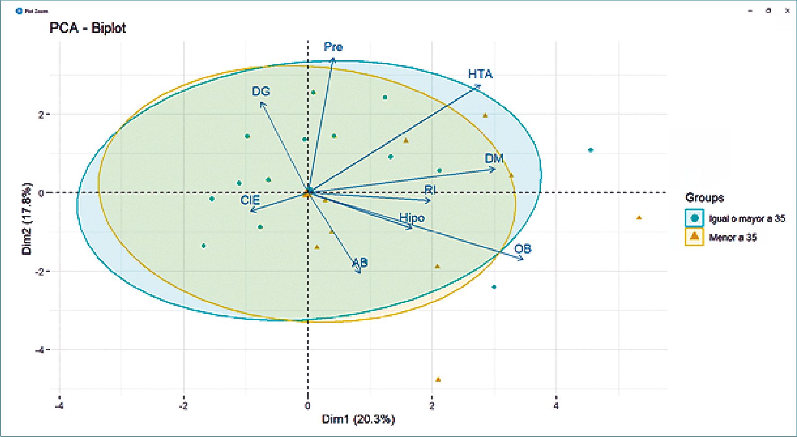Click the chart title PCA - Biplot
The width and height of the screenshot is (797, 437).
coord(87,28)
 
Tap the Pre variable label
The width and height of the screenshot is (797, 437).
coord(333,47)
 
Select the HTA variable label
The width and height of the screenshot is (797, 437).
coord(480,74)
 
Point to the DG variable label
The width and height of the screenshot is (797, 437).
coord(261,91)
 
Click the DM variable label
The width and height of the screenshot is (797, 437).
coord(494,158)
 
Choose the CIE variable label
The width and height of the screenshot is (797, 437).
coord(250,200)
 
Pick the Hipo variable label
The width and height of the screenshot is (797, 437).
coord(412,218)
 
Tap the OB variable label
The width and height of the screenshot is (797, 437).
coord(522,249)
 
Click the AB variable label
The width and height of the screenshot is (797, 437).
coord(360,262)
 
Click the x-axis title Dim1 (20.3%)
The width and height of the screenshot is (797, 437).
coord(358,419)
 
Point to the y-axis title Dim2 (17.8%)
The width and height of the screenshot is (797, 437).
coord(27,218)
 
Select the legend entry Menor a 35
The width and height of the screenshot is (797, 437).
coord(733,237)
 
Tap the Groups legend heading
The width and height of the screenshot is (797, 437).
coord(704,197)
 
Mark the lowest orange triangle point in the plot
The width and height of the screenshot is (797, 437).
coord(438,379)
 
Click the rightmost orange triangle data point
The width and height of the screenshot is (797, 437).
coord(639,218)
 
